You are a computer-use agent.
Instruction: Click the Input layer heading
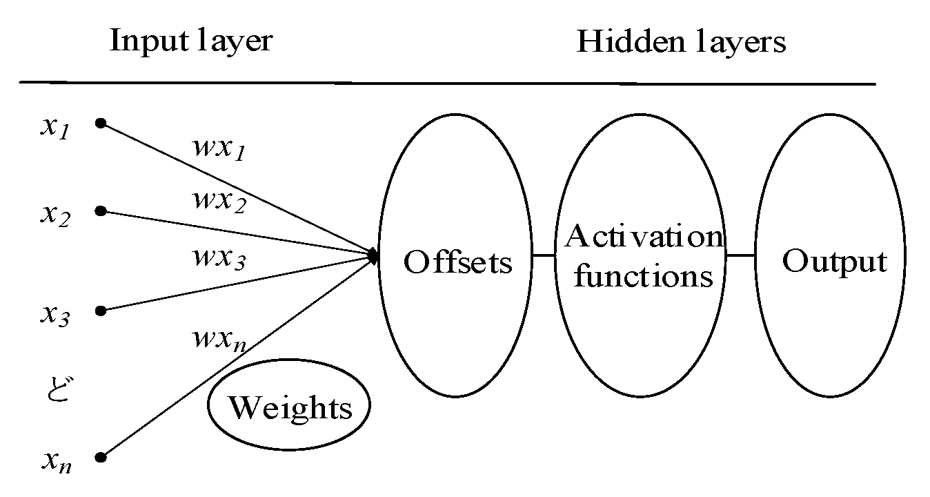[191, 41]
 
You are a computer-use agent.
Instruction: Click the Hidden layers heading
[681, 41]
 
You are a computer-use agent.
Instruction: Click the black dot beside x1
[101, 124]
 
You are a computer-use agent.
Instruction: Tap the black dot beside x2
[101, 211]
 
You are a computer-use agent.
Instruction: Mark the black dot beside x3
[101, 311]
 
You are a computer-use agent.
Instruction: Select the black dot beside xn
[101, 457]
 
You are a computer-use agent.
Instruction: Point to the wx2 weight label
[219, 202]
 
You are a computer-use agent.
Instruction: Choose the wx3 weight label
[219, 259]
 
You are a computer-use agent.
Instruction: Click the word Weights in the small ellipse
[290, 407]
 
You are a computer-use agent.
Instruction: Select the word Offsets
[458, 262]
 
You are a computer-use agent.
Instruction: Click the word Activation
[644, 237]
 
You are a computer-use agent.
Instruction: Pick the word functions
[643, 276]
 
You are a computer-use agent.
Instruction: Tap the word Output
[833, 262]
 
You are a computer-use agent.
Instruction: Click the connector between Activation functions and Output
[740, 255]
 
